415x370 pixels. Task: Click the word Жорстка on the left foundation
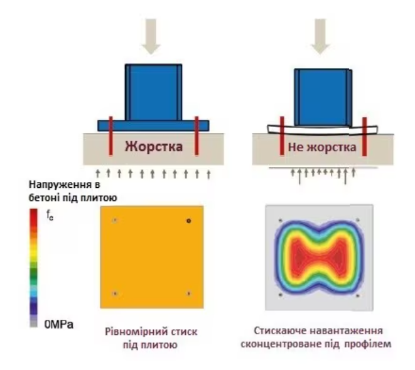click(154, 146)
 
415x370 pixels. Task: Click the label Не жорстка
click(322, 147)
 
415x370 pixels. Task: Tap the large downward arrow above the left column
click(151, 36)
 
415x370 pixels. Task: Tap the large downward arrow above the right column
click(320, 36)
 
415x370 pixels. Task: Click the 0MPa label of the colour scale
click(58, 324)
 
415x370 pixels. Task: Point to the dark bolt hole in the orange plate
click(188, 220)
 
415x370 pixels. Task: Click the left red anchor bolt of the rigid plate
click(110, 136)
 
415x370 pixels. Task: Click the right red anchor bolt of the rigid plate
click(197, 136)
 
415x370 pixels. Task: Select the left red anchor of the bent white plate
click(282, 136)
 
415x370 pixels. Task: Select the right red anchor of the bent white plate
click(364, 137)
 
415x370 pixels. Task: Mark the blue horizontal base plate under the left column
click(153, 126)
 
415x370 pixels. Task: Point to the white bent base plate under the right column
click(323, 130)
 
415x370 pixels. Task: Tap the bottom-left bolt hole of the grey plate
click(281, 295)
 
